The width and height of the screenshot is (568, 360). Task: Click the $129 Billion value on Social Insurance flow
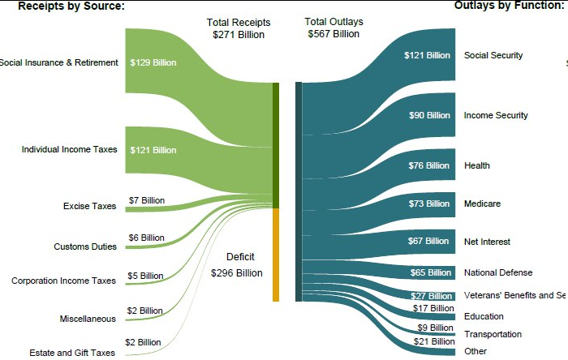pos(153,62)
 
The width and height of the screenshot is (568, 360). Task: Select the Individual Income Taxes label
pos(70,149)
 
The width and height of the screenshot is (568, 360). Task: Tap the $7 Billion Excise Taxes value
pos(146,200)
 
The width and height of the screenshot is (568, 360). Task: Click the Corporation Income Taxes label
pos(64,281)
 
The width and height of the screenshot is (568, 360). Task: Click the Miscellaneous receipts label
pos(88,319)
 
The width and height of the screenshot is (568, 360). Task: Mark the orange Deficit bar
pos(276,255)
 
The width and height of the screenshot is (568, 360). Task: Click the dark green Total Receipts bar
pos(276,145)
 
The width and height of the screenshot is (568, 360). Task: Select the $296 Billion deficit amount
pos(237,273)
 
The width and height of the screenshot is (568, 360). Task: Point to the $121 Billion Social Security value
pos(427,55)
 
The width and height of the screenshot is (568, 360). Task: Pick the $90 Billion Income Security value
pos(429,115)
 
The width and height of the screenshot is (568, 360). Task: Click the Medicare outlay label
pos(482,204)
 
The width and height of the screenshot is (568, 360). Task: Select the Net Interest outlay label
pos(487,242)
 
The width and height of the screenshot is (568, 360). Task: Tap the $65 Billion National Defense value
pos(430,272)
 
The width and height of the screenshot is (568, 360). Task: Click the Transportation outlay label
pos(493,334)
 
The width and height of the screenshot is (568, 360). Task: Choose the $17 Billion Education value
pos(433,308)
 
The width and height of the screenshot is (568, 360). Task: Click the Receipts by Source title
pos(71,6)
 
